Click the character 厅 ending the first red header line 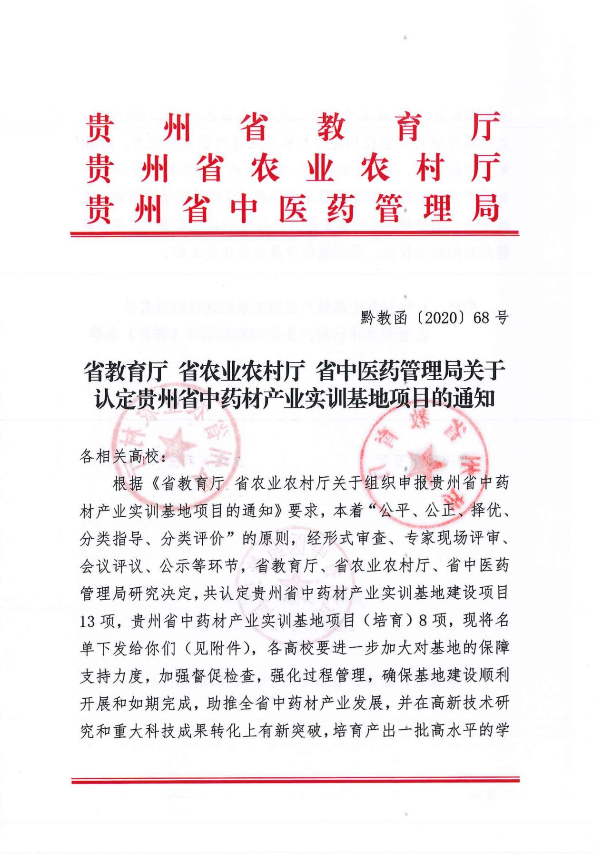(x=485, y=126)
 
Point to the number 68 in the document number (x=480, y=318)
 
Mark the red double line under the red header (x=295, y=233)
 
